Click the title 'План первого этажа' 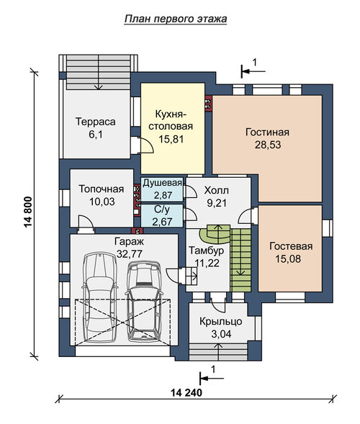pyautogui.click(x=176, y=19)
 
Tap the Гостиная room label pyautogui.click(x=267, y=132)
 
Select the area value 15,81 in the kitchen pyautogui.click(x=171, y=139)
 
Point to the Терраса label pyautogui.click(x=96, y=122)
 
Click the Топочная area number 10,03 pyautogui.click(x=102, y=202)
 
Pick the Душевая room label pyautogui.click(x=162, y=183)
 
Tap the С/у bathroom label pyautogui.click(x=162, y=209)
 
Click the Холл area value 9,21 pyautogui.click(x=217, y=203)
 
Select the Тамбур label pyautogui.click(x=206, y=250)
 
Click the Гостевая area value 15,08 pyautogui.click(x=288, y=258)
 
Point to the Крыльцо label pyautogui.click(x=221, y=322)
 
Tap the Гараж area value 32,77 pyautogui.click(x=130, y=253)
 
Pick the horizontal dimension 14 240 pyautogui.click(x=186, y=392)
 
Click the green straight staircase pyautogui.click(x=241, y=260)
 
